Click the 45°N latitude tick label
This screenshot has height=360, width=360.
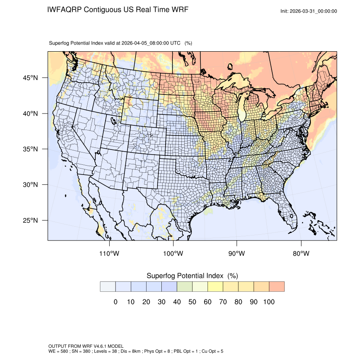coord(30,78)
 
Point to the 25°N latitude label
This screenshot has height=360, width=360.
coord(30,220)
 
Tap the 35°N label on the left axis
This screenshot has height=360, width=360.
coord(30,149)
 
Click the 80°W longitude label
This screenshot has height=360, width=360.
coord(301,253)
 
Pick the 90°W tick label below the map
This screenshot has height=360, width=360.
coord(237,253)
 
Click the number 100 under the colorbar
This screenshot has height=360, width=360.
coord(269,302)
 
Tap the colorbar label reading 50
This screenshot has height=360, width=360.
coord(192,302)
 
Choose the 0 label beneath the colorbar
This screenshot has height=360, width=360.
coord(115,302)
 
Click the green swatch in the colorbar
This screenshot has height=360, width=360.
coord(184,286)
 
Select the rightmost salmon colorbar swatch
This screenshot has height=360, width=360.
coord(276,286)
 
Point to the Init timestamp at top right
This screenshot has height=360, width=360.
coord(309,11)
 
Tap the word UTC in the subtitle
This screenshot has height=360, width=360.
coord(175,43)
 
